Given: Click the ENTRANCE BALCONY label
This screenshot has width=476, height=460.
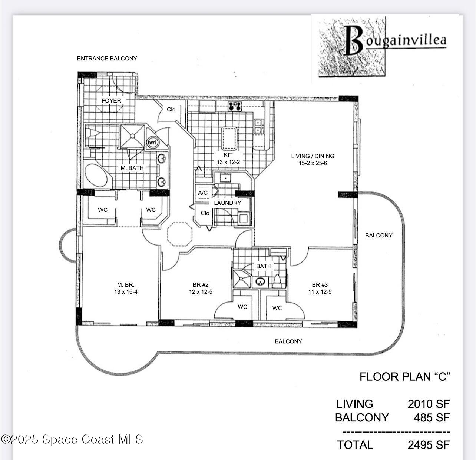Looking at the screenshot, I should (x=107, y=59).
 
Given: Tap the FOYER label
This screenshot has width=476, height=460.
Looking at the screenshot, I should (x=111, y=100).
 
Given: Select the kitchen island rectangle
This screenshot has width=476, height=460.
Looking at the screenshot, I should (x=229, y=138).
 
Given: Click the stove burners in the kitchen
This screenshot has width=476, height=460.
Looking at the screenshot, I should (x=235, y=106).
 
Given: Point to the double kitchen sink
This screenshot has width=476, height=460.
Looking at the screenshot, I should (x=258, y=126).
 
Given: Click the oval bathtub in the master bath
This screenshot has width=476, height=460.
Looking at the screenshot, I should (x=96, y=176).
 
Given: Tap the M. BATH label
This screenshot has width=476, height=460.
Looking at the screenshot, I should (x=132, y=168).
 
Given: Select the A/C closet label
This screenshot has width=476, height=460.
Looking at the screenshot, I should (x=203, y=193).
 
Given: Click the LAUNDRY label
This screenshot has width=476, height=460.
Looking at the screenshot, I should (x=227, y=203).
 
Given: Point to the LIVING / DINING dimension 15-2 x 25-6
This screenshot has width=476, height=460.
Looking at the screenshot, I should (x=313, y=163).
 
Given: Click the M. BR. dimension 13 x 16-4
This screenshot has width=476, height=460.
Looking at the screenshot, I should (x=126, y=292).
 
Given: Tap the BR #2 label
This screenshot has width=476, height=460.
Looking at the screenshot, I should (x=201, y=285).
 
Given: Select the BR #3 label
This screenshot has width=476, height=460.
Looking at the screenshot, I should (x=320, y=285).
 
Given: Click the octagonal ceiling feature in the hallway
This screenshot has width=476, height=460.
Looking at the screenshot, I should (x=179, y=234).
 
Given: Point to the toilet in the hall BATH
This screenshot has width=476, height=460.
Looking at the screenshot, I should (x=277, y=281).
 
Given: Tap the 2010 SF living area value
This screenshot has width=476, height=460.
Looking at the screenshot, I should (x=429, y=404).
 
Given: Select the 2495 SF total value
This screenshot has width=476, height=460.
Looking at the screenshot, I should (x=429, y=445).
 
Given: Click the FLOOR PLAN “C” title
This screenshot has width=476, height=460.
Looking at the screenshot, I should (x=404, y=377).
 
